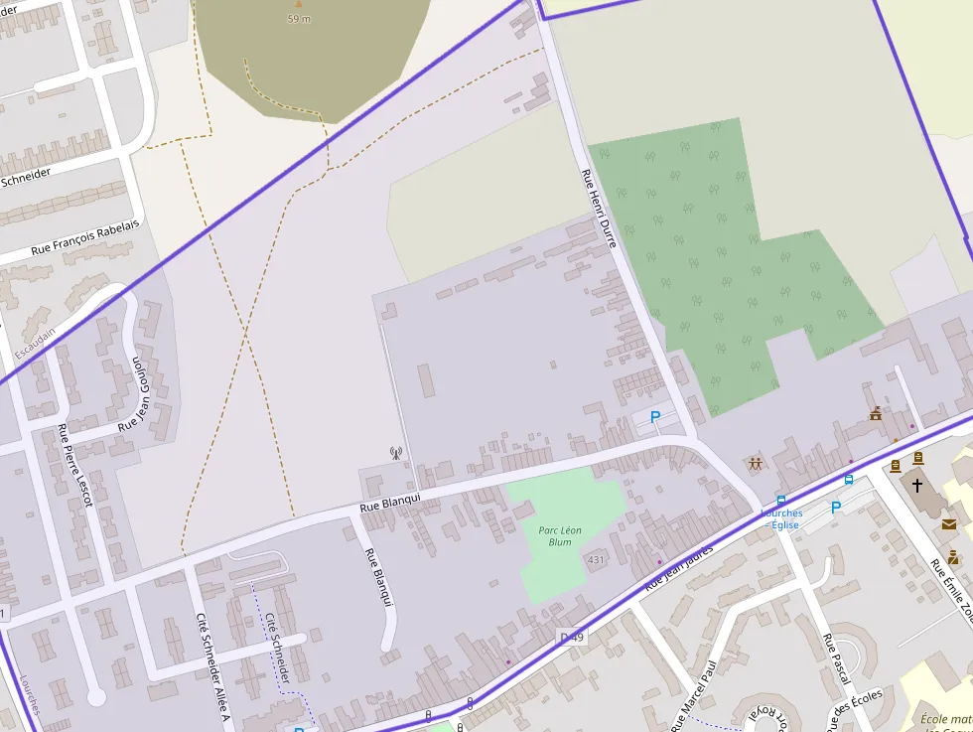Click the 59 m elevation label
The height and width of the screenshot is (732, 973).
pyautogui.click(x=299, y=19)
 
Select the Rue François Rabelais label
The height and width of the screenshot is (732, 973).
pyautogui.click(x=85, y=236)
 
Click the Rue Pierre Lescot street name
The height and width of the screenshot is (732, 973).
pyautogui.click(x=74, y=466)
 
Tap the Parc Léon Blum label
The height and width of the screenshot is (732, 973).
pyautogui.click(x=560, y=536)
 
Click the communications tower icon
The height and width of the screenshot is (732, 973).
pyautogui.click(x=396, y=454)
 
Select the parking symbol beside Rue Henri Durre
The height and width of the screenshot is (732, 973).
pyautogui.click(x=655, y=418)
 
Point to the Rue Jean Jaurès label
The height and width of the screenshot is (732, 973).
pyautogui.click(x=679, y=568)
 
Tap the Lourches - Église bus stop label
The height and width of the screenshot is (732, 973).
pyautogui.click(x=782, y=519)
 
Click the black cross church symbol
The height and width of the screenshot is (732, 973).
pyautogui.click(x=917, y=486)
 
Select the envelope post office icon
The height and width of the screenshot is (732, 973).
pyautogui.click(x=949, y=523)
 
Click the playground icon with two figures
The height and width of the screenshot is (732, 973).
pyautogui.click(x=756, y=464)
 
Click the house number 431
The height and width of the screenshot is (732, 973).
pyautogui.click(x=596, y=560)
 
